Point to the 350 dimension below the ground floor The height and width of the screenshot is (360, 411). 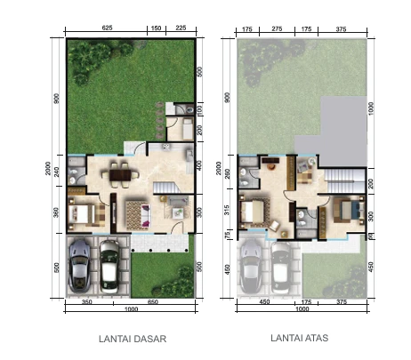point(88,303)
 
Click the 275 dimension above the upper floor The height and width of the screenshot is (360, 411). point(277,28)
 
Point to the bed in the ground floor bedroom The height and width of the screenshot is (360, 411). point(82,214)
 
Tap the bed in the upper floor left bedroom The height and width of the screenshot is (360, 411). point(258,212)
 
